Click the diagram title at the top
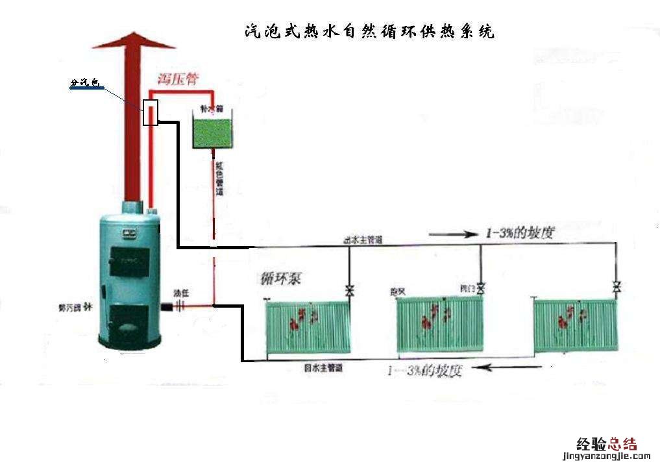click(370, 31)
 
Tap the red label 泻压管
click(178, 79)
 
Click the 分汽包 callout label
click(85, 83)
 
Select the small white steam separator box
click(151, 112)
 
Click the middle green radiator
click(440, 325)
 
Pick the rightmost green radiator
click(576, 325)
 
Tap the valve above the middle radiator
click(481, 288)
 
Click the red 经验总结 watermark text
click(607, 444)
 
